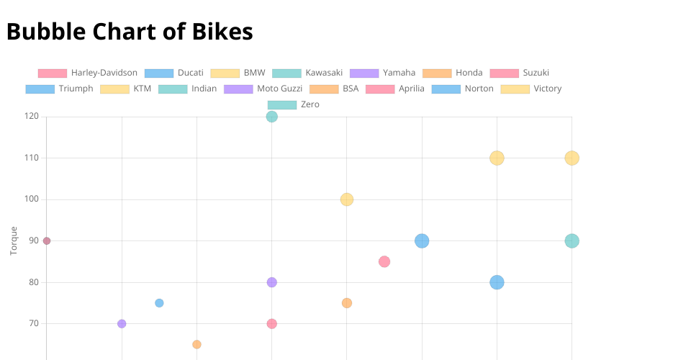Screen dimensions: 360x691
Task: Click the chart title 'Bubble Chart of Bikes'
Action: (130, 32)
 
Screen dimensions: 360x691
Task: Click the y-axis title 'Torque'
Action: (14, 240)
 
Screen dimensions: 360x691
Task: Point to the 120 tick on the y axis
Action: (31, 117)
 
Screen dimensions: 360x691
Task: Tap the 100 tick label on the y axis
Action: (31, 199)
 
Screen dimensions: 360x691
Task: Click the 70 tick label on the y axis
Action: (33, 324)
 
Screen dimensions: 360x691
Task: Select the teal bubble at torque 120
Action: (271, 117)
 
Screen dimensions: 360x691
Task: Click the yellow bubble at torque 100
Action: (347, 199)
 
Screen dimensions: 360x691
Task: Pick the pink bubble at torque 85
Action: (384, 261)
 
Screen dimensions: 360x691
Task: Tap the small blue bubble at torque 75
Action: (159, 303)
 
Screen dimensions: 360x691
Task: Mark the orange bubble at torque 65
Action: (197, 344)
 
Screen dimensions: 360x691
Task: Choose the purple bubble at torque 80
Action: (271, 282)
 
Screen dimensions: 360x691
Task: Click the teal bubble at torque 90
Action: (572, 241)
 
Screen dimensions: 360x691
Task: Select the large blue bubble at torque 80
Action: (497, 282)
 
